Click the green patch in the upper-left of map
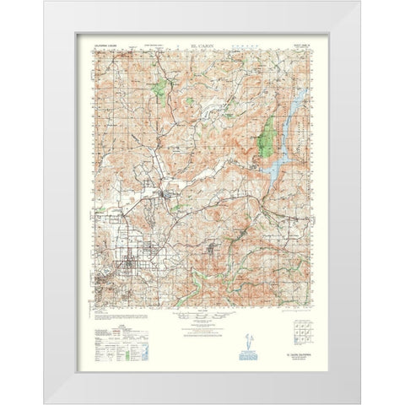coord(159,87)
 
